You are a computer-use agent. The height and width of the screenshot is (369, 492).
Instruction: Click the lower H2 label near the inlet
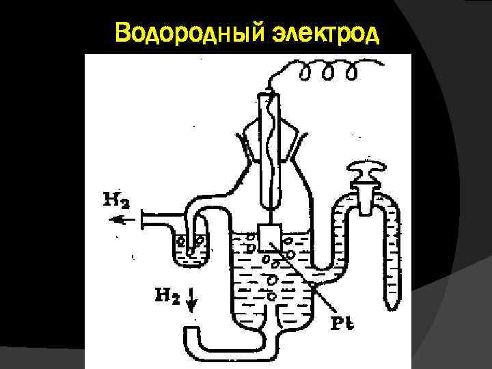pyautogui.click(x=167, y=296)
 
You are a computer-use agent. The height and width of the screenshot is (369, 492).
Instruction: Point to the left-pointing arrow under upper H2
pyautogui.click(x=122, y=219)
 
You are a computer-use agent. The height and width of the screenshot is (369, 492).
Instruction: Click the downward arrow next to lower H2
pyautogui.click(x=193, y=298)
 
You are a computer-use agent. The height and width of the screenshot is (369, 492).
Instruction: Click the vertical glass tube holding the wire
pyautogui.click(x=268, y=150)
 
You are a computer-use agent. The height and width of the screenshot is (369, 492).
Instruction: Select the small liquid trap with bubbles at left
pyautogui.click(x=189, y=246)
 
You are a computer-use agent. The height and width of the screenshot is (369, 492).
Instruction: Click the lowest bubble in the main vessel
pyautogui.click(x=273, y=296)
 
